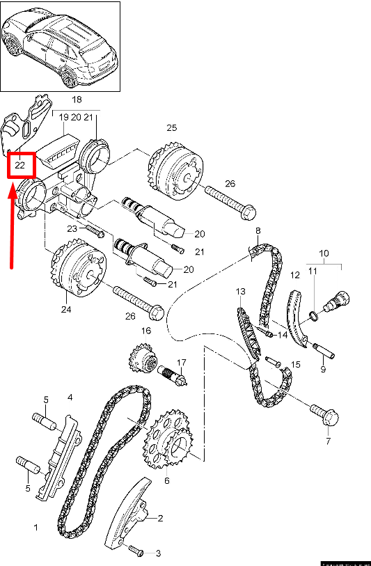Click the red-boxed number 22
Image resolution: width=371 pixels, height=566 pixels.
(20, 166)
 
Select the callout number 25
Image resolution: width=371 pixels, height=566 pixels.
(171, 128)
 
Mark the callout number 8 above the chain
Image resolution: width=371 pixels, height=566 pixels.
(258, 230)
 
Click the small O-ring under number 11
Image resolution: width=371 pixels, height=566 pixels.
(314, 317)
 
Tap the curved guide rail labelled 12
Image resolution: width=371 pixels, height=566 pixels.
(297, 317)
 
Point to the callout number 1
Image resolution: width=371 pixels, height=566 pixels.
(35, 528)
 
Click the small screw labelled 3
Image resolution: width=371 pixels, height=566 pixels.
(136, 551)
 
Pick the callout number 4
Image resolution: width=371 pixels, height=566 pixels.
(70, 398)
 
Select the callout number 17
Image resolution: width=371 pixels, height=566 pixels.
(182, 362)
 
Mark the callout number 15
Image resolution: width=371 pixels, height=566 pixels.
(296, 364)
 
